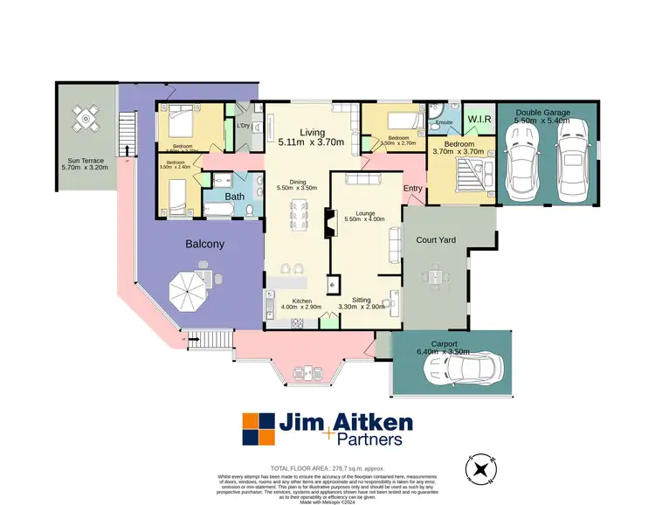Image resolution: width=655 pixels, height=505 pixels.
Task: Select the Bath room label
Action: coord(235,197)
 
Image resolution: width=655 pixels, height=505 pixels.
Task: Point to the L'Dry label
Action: coord(245,125)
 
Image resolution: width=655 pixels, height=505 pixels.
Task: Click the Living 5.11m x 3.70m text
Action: coord(311,136)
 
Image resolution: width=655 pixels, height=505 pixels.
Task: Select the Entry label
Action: coord(413,189)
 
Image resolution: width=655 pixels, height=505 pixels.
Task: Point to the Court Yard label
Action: coord(435,239)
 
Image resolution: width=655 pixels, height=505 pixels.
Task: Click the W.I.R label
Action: coord(479,119)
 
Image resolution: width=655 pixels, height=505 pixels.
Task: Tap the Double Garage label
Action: coord(542,116)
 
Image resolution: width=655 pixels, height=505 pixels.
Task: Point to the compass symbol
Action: coord(481,470)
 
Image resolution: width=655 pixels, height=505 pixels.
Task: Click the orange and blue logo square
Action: coord(258,430)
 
